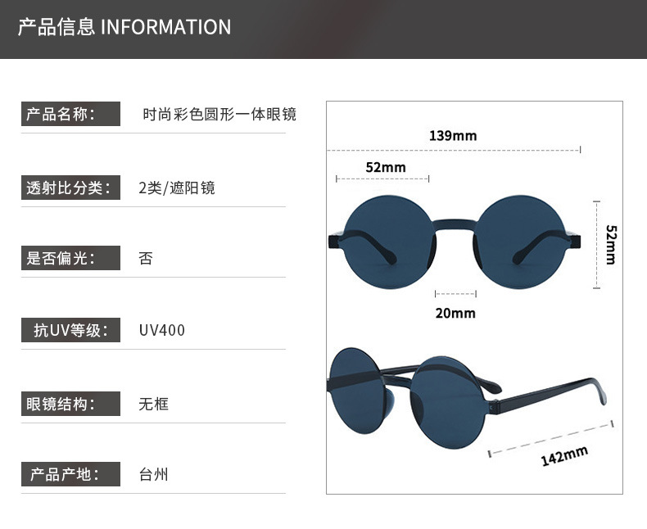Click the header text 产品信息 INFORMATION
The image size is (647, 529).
[124, 27]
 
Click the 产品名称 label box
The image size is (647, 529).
[70, 114]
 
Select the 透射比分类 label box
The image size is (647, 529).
[70, 188]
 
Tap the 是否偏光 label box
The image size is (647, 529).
[70, 259]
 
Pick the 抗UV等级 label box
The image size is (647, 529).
[70, 330]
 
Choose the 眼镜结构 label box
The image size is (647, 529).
[70, 404]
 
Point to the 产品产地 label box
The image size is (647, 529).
[70, 475]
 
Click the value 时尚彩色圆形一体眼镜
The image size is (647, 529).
[219, 115]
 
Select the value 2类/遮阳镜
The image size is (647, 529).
[177, 188]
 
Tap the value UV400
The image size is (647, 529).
[162, 331]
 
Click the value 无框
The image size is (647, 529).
[154, 404]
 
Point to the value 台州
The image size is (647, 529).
[154, 475]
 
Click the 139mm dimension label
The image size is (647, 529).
[452, 135]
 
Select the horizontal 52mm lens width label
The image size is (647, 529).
[386, 167]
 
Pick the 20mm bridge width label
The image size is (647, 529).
[455, 313]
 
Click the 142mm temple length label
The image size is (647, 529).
[564, 455]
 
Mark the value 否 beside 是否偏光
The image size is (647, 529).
[146, 259]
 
